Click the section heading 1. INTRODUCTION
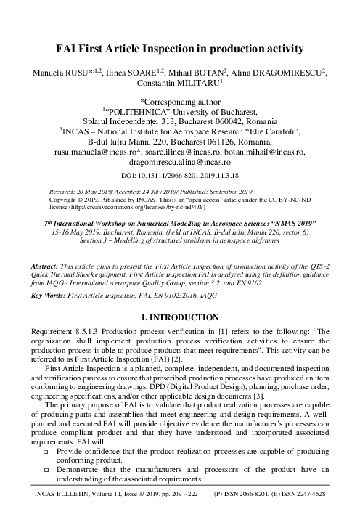tap(179, 296)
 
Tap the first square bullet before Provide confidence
tap(46, 451)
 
